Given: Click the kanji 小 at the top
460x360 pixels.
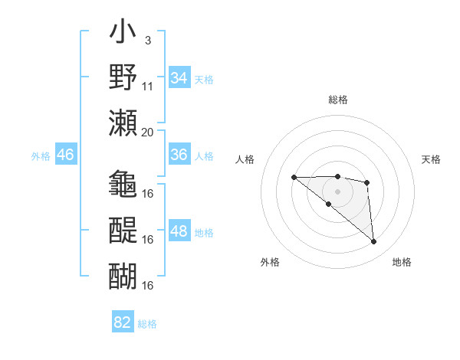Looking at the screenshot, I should coord(123,34).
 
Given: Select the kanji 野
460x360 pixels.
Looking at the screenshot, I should coord(123,77).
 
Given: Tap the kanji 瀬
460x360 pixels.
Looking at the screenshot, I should coord(123,123).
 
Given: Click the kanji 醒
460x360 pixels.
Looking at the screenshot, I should coord(123,229).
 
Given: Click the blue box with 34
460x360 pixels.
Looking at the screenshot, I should coord(179,78).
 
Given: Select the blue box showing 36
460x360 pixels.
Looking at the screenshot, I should coord(179,155).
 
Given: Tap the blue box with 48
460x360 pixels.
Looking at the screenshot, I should coord(179,231).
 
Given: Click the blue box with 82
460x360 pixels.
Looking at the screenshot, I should coord(123,322).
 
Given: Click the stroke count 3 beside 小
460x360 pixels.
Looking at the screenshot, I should coord(147,40).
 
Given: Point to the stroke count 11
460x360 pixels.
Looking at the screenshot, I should coord(149,86).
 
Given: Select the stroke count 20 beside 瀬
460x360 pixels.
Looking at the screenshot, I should coord(148,131).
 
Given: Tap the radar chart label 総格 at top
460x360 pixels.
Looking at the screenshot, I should coord(338,100).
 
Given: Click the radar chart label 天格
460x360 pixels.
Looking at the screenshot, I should coord(432,159).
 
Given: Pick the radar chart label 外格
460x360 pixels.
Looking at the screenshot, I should coord(269,262).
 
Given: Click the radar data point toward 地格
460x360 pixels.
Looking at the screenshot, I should coord(374,242).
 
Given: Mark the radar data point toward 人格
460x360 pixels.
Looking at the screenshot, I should coord(294,178).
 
